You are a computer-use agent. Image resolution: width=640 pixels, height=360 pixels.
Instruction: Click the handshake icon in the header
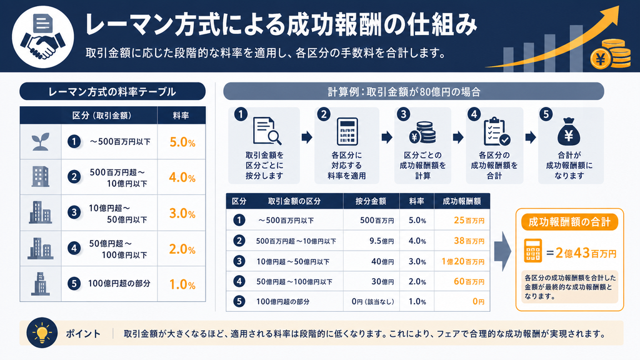tap(43, 37)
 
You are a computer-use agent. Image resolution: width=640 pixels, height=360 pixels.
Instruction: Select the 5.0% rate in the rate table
tap(182, 142)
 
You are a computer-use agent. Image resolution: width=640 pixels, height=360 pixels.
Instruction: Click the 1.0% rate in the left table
tap(182, 284)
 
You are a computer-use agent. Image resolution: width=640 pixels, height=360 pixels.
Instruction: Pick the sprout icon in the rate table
tap(41, 142)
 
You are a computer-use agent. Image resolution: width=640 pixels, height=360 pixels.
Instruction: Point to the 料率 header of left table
tap(181, 116)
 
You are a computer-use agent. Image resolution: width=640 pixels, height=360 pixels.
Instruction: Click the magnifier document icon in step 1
tap(266, 131)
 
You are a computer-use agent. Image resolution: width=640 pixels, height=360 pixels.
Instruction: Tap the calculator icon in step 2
tap(347, 131)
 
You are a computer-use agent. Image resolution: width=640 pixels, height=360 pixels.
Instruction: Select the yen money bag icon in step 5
tap(569, 131)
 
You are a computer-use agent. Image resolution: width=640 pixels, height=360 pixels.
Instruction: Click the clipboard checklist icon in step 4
tap(496, 131)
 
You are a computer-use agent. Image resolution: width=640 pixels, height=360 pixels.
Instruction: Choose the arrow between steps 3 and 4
tap(458, 137)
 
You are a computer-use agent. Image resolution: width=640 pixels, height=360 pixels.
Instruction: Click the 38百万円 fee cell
tap(469, 241)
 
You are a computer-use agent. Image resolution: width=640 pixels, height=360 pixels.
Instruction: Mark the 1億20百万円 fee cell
tap(463, 261)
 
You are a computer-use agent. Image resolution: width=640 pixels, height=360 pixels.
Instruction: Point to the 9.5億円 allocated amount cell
tap(382, 241)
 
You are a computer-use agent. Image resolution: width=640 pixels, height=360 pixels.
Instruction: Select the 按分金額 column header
tap(371, 201)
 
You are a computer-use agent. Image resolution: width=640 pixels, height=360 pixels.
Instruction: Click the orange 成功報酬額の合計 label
tap(569, 222)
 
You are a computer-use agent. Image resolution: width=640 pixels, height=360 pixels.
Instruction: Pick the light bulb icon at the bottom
tap(42, 332)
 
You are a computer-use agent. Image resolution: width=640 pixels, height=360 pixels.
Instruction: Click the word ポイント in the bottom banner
tap(83, 334)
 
